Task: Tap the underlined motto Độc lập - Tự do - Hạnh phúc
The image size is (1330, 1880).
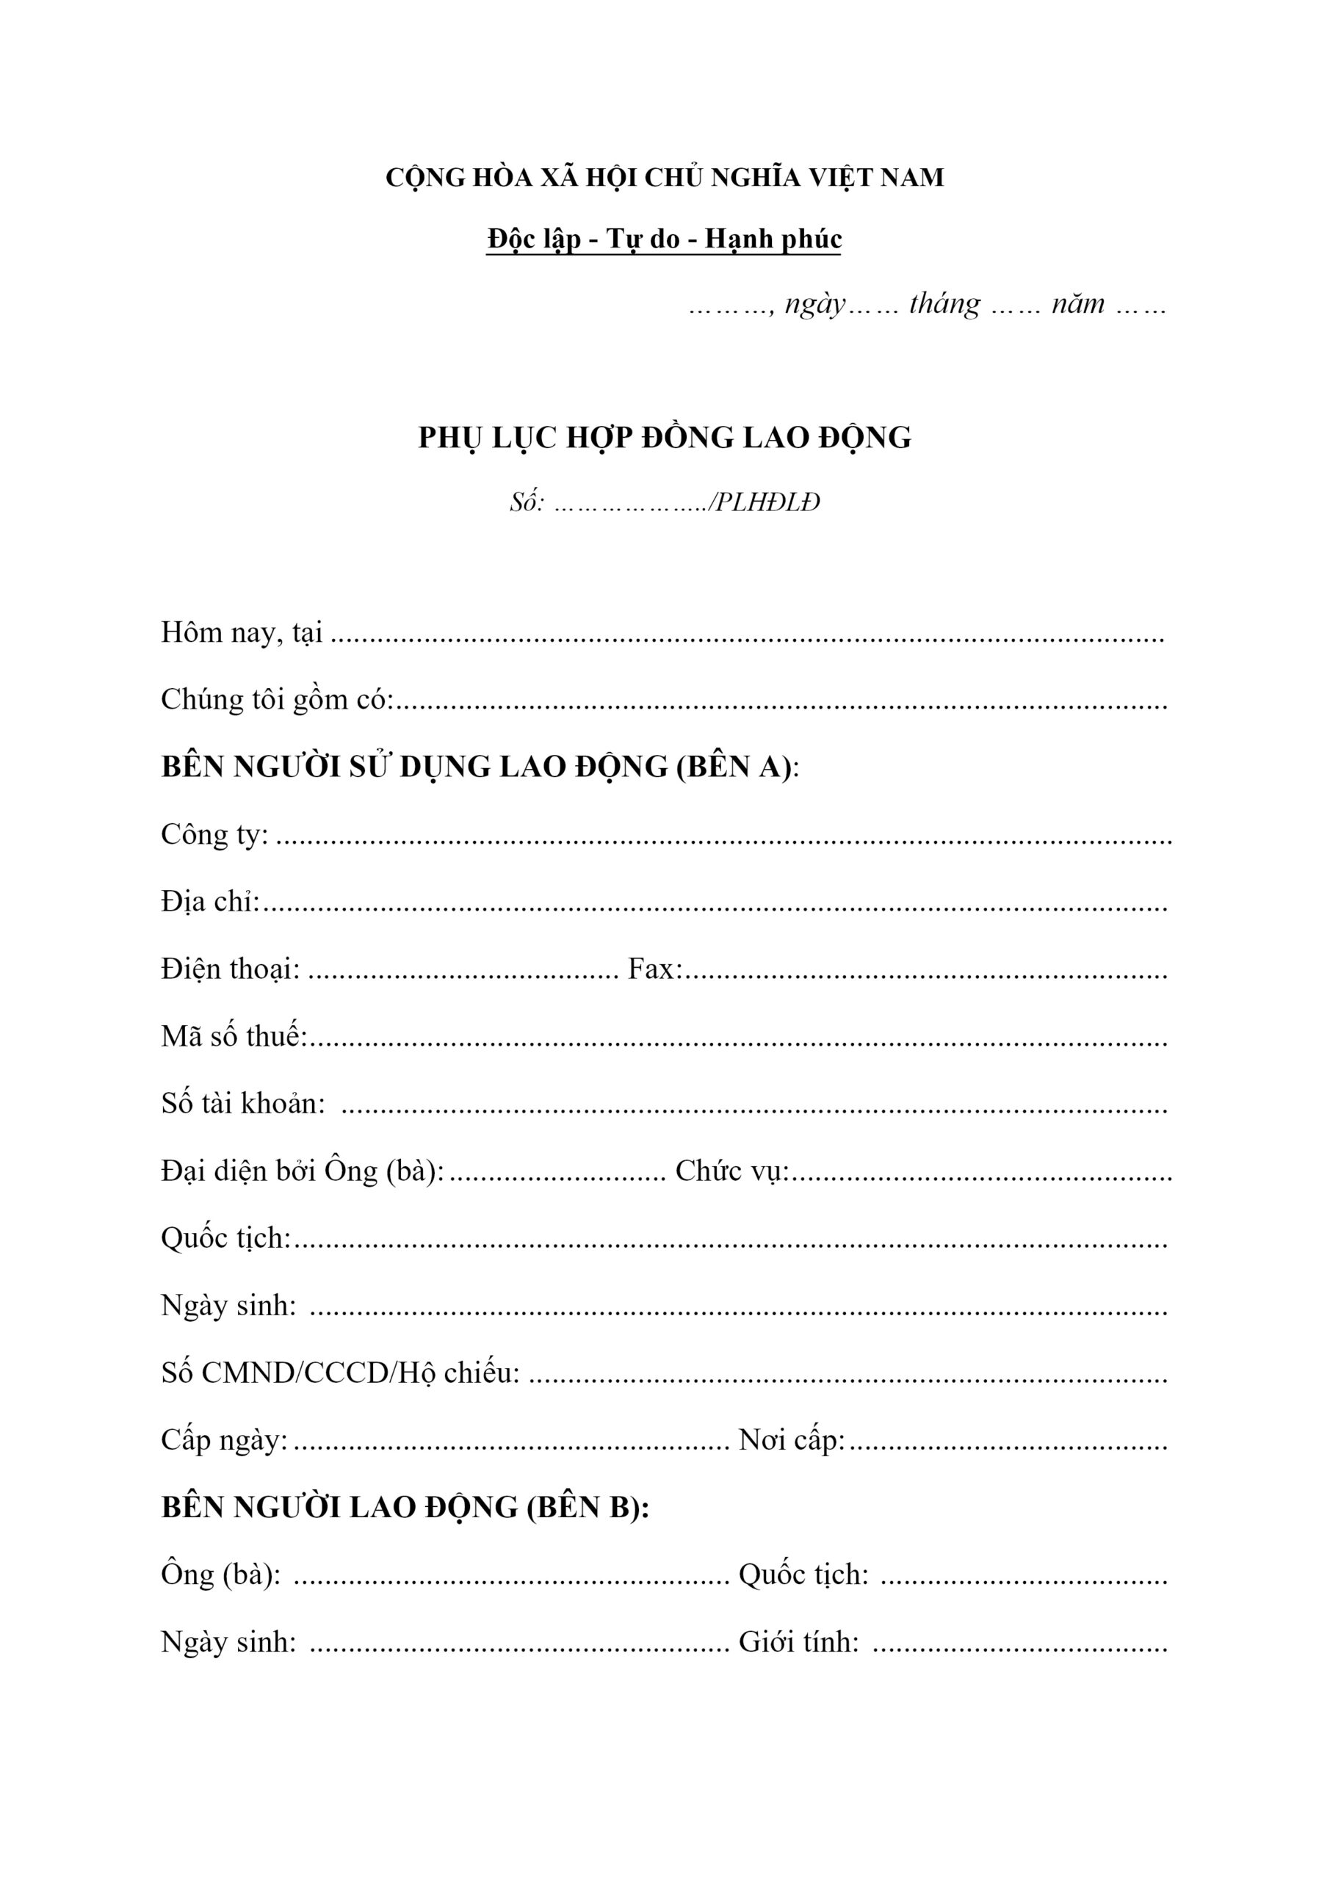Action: (x=664, y=239)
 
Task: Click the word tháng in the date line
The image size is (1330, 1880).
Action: (x=944, y=305)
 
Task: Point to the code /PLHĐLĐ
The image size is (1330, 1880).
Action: (x=765, y=502)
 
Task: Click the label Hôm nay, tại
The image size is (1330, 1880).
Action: (x=242, y=633)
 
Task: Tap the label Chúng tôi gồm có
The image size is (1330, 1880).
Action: (x=278, y=700)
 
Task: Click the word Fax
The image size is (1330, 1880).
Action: (x=654, y=969)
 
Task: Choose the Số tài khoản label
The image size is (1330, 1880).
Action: (x=243, y=1104)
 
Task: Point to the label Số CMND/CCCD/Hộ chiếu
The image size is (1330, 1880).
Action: (x=341, y=1373)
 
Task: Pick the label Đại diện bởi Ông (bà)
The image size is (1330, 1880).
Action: (x=302, y=1171)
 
